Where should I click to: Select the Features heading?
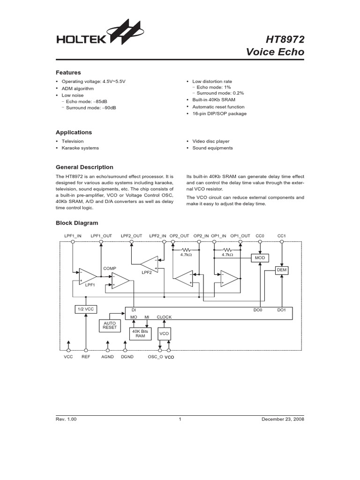[68, 73]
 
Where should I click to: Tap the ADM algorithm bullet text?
[78, 89]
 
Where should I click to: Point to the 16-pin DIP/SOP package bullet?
[219, 113]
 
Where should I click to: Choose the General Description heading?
[84, 167]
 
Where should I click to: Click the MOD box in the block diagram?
[260, 258]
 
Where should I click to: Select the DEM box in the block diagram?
[282, 270]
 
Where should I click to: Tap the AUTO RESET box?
[109, 325]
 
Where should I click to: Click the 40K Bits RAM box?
[140, 334]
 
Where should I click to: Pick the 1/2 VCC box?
[85, 310]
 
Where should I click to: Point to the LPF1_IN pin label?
[73, 235]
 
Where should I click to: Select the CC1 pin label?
[281, 235]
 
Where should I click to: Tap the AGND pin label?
[108, 357]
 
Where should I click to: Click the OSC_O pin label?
[155, 357]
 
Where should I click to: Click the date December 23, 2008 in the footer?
[283, 420]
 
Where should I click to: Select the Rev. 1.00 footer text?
[66, 420]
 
